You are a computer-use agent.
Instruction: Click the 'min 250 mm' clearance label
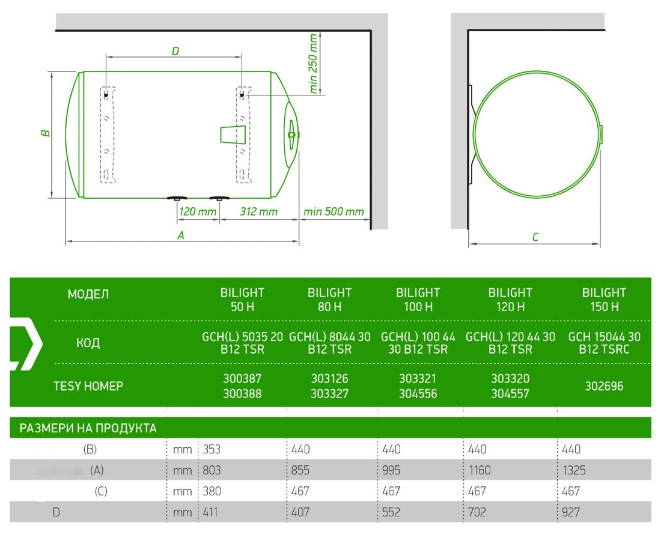pyautogui.click(x=313, y=64)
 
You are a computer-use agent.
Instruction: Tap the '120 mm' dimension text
pyautogui.click(x=197, y=211)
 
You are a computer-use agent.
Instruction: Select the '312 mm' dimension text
pyautogui.click(x=259, y=211)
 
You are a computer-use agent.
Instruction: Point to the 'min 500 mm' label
pyautogui.click(x=334, y=211)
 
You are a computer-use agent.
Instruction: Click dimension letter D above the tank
pyautogui.click(x=175, y=52)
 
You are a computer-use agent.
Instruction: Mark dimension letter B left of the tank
pyautogui.click(x=46, y=133)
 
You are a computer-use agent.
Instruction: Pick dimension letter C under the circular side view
pyautogui.click(x=535, y=237)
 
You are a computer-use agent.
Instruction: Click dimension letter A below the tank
pyautogui.click(x=181, y=235)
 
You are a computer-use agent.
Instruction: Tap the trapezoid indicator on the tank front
pyautogui.click(x=233, y=135)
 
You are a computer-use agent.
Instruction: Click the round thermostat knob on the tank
pyautogui.click(x=291, y=135)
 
